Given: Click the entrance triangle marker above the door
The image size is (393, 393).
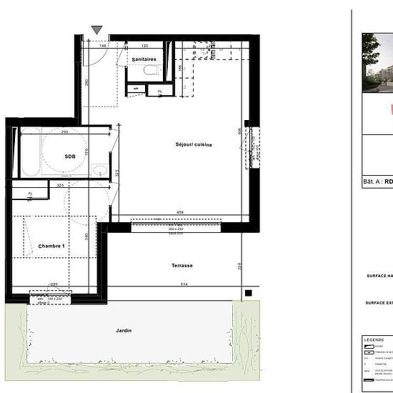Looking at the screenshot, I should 97,30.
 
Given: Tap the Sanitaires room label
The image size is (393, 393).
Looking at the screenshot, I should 144,59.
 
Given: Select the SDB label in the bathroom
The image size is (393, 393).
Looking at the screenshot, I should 70,156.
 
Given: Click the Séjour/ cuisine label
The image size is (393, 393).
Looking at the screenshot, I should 194,145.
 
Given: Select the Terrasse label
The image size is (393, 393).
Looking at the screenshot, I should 181,265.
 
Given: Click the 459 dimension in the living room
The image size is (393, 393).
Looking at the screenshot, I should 181,212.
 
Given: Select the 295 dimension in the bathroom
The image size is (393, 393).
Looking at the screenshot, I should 64,132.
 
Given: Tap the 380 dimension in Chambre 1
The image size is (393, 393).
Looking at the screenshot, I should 86,237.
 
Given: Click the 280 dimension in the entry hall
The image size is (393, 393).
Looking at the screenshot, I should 86,82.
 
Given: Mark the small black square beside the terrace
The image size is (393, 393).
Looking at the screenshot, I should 248,292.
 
